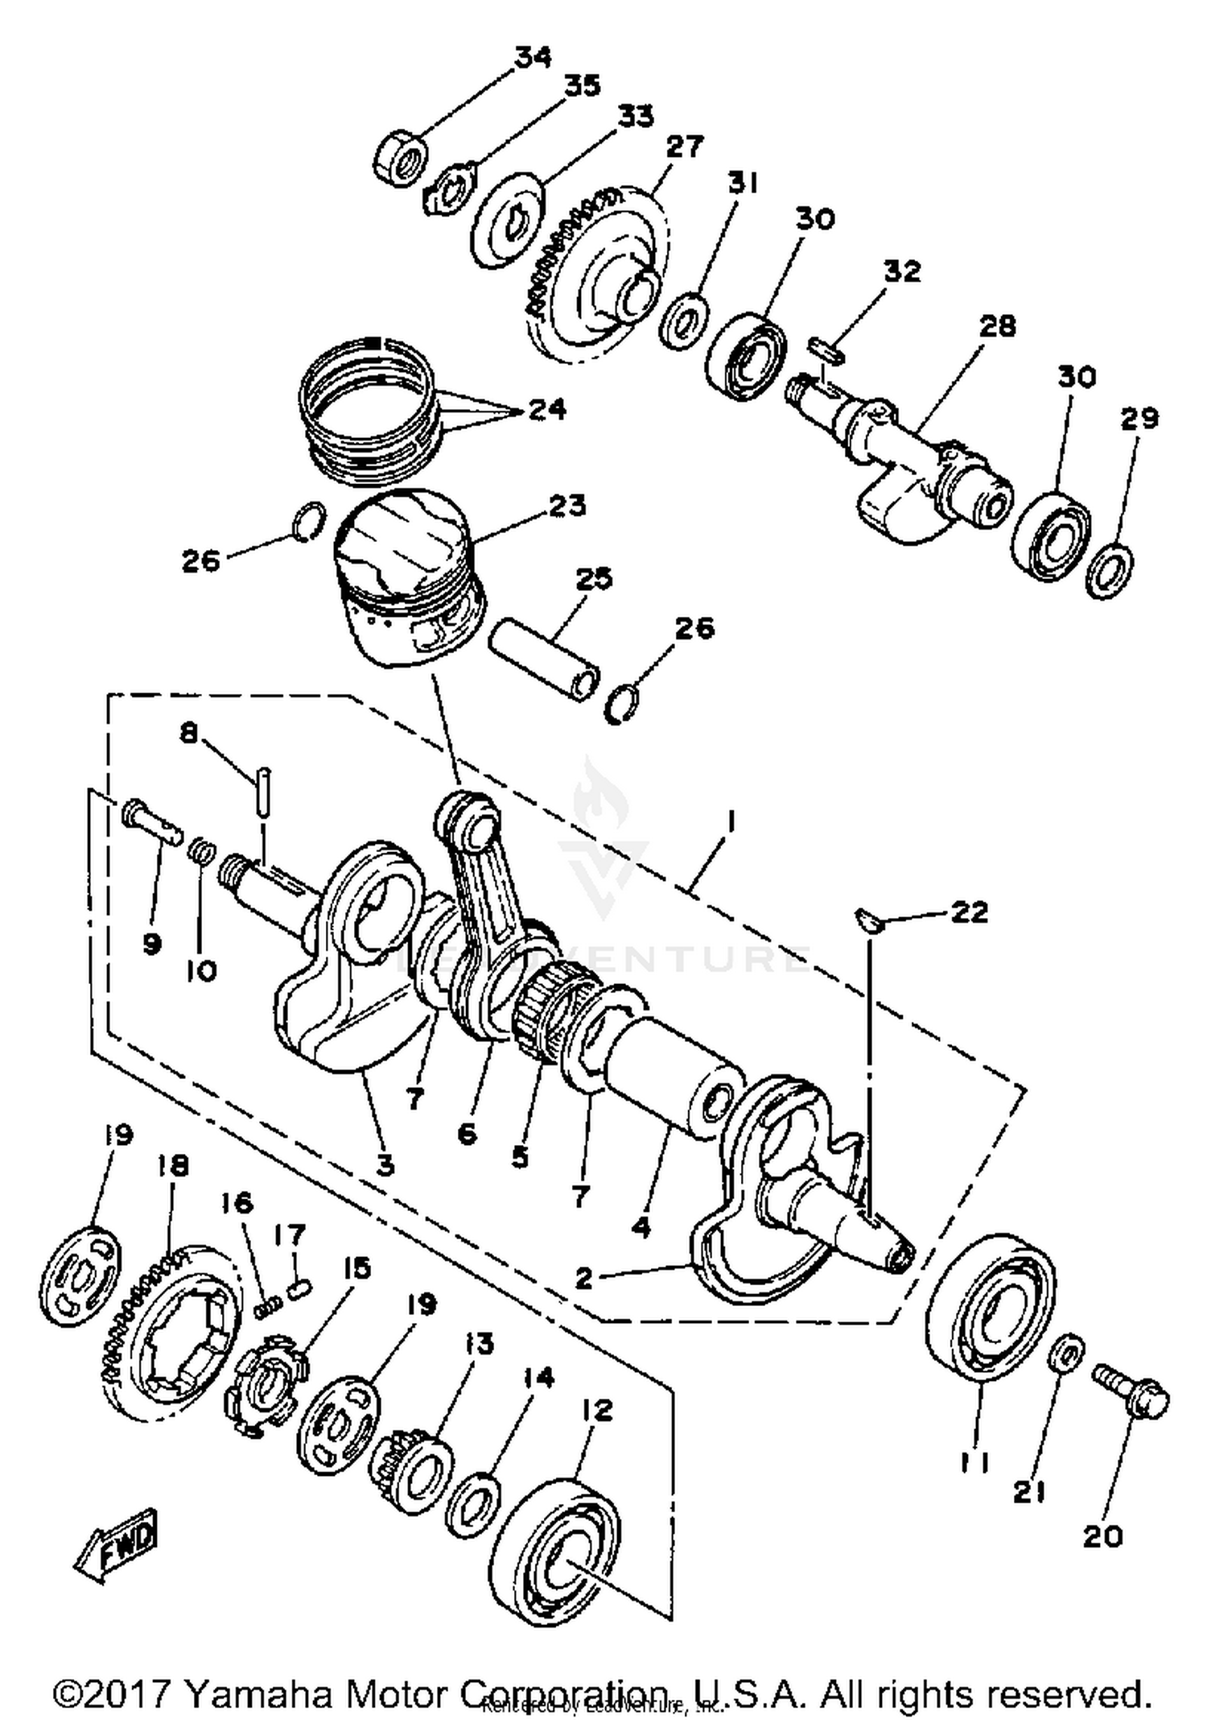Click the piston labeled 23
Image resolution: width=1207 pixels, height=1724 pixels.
409,578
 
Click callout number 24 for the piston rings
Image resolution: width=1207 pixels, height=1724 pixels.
546,410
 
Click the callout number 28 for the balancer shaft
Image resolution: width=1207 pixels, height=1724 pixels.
998,326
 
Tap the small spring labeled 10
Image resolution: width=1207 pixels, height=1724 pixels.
204,850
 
